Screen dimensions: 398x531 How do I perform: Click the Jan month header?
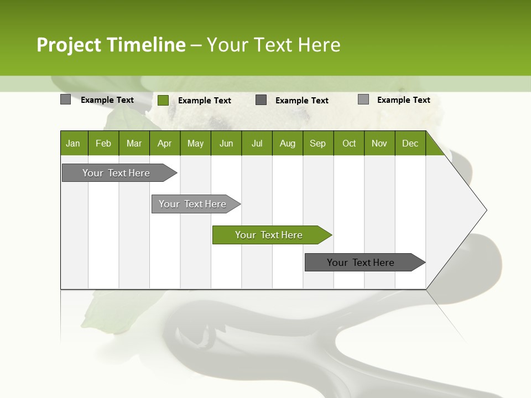click(x=74, y=143)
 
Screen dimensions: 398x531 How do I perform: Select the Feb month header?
click(x=103, y=143)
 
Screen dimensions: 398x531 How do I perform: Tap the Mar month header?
click(x=134, y=143)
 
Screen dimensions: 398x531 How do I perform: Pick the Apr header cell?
click(x=165, y=143)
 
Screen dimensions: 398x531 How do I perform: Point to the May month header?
click(x=195, y=143)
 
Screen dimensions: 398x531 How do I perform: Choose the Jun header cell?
click(x=226, y=143)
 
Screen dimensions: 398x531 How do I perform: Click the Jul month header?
click(x=257, y=143)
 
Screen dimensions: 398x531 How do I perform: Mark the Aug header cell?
click(x=288, y=143)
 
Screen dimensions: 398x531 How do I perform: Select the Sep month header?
click(x=318, y=143)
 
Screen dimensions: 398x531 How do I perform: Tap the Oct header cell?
click(x=349, y=143)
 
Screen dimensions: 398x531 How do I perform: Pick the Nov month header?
click(x=379, y=143)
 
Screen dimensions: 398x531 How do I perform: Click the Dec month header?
click(x=410, y=143)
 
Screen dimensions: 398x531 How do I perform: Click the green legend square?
click(x=163, y=100)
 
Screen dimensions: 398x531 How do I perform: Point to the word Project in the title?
click(x=69, y=45)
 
